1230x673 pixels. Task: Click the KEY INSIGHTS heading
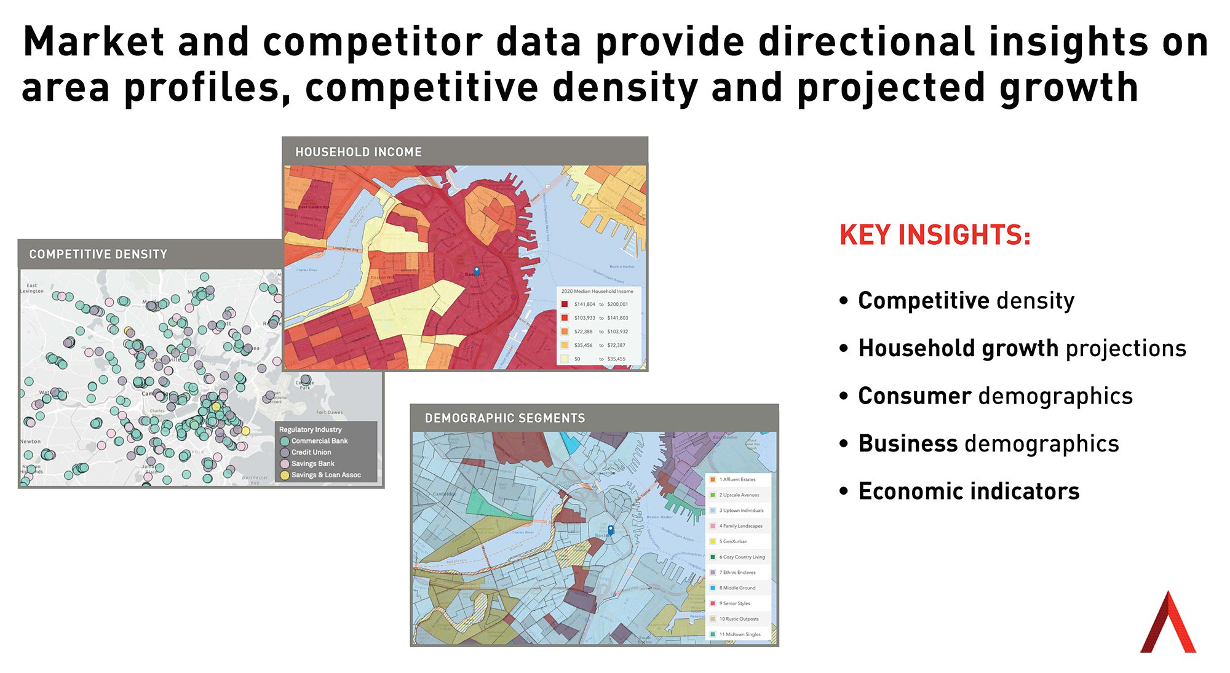point(934,235)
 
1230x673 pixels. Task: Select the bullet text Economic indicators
point(968,492)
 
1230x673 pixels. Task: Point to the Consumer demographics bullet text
point(994,396)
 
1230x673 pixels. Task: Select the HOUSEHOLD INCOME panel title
point(359,152)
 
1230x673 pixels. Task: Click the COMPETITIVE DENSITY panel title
point(98,254)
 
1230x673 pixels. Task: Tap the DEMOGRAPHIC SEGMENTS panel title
point(504,418)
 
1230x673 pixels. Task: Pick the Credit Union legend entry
point(311,452)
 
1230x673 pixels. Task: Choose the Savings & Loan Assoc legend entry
point(325,475)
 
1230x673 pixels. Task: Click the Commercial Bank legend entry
point(319,441)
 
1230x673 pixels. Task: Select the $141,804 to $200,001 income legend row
point(600,304)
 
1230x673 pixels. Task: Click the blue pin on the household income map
point(476,270)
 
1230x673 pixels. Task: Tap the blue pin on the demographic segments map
point(611,529)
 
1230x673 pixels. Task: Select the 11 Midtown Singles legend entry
point(739,634)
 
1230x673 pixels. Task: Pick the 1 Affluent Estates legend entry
point(737,479)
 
